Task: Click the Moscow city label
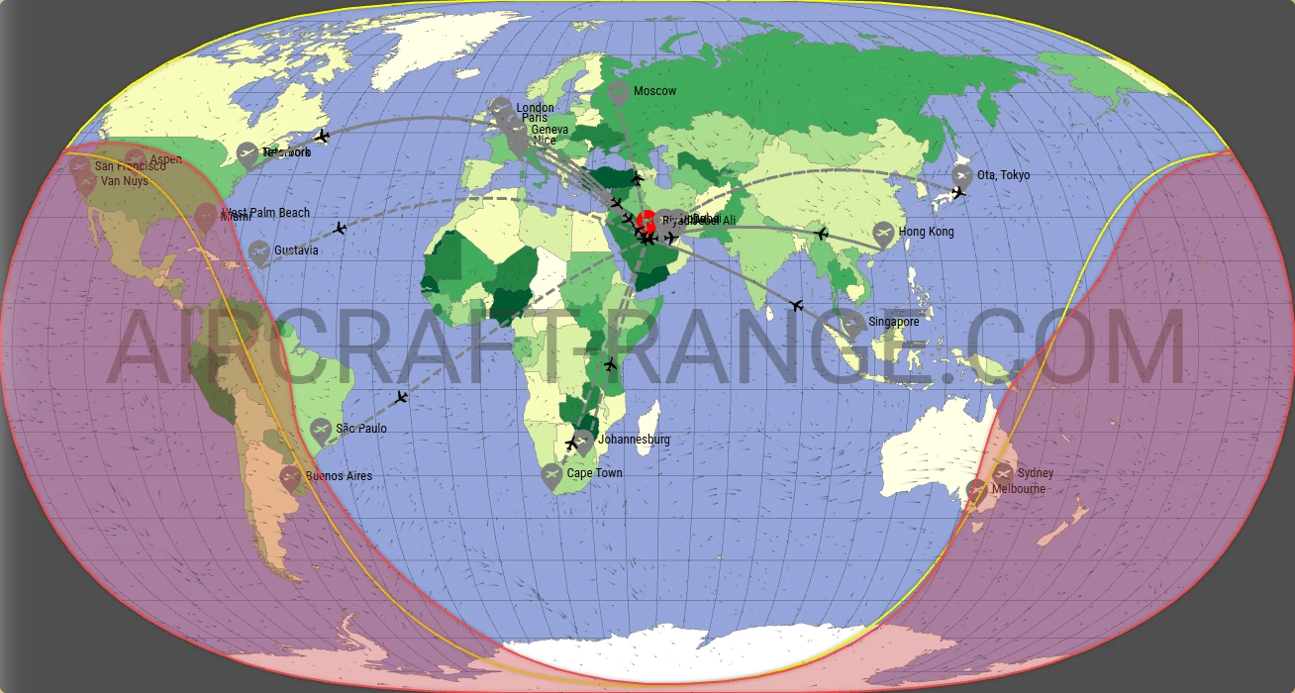(x=654, y=91)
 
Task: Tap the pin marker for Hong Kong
(x=883, y=234)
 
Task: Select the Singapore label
(x=893, y=322)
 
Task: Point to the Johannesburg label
(x=634, y=440)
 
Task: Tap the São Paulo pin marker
(x=320, y=430)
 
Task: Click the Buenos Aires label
(x=339, y=476)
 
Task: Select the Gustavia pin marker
(x=258, y=252)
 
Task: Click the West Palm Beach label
(x=266, y=213)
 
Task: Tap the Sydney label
(x=1036, y=473)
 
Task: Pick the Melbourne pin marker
(x=977, y=489)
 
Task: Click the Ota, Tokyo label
(x=1003, y=175)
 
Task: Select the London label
(x=536, y=108)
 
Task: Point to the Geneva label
(x=549, y=130)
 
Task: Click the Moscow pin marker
(x=619, y=93)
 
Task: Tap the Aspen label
(x=165, y=159)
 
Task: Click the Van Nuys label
(x=125, y=181)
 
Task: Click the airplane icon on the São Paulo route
(x=401, y=398)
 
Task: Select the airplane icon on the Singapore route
(x=797, y=305)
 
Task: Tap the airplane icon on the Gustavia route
(x=340, y=229)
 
